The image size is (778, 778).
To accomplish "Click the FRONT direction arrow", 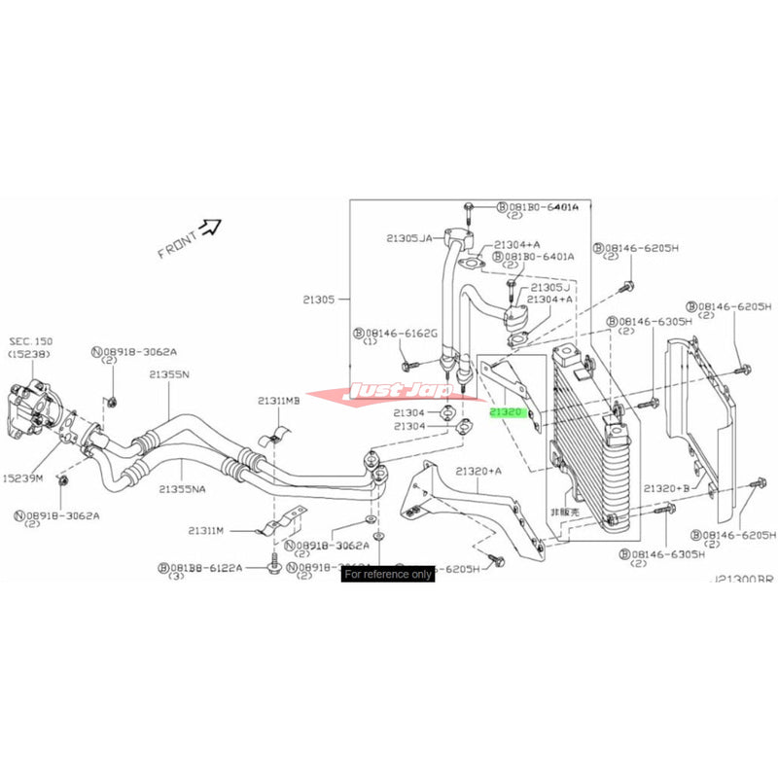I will (209, 229).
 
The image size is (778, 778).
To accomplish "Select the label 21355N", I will (170, 374).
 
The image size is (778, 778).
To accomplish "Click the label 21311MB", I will (279, 401).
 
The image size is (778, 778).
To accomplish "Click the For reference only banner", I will (388, 574).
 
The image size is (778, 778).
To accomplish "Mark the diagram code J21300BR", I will (743, 579).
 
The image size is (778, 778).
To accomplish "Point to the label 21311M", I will (207, 530).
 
